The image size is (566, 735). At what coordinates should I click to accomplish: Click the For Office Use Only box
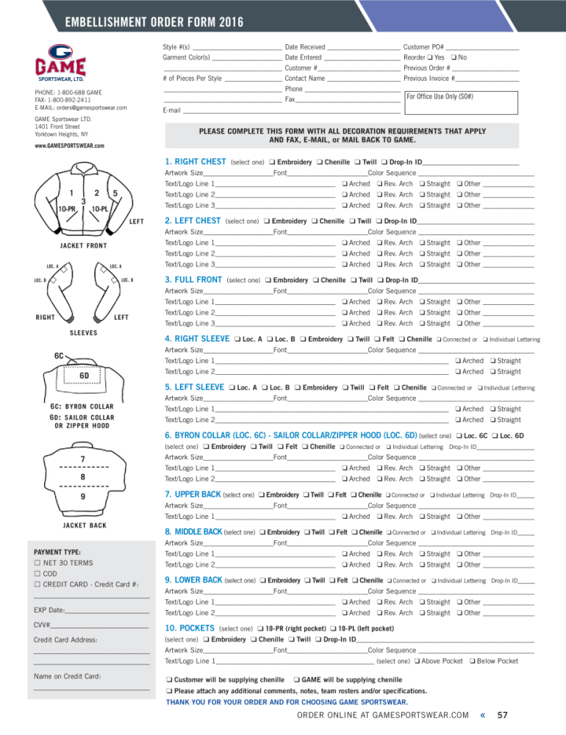click(x=461, y=100)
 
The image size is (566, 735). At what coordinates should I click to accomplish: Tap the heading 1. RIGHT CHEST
click(x=196, y=162)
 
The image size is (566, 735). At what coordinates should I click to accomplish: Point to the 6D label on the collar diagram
click(x=85, y=376)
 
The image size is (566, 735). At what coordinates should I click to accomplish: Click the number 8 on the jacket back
click(x=83, y=478)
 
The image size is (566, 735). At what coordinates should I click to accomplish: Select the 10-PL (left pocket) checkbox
click(x=334, y=629)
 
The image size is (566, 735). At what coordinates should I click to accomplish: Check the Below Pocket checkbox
click(x=471, y=661)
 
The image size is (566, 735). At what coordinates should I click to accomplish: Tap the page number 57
click(x=504, y=714)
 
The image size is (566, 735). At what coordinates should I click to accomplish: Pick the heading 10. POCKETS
click(x=189, y=629)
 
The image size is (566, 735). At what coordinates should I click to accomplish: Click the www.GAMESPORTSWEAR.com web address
click(x=69, y=146)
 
